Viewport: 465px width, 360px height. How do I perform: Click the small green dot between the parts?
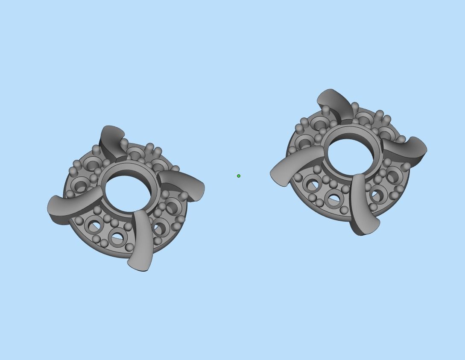coord(239,176)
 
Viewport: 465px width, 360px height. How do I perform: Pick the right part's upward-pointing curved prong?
coord(335,105)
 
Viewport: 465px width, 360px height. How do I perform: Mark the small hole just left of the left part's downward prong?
coord(117,239)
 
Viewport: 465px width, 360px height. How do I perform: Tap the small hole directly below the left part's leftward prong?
coord(94,225)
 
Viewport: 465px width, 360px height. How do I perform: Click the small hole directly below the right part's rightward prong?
coord(393,176)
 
